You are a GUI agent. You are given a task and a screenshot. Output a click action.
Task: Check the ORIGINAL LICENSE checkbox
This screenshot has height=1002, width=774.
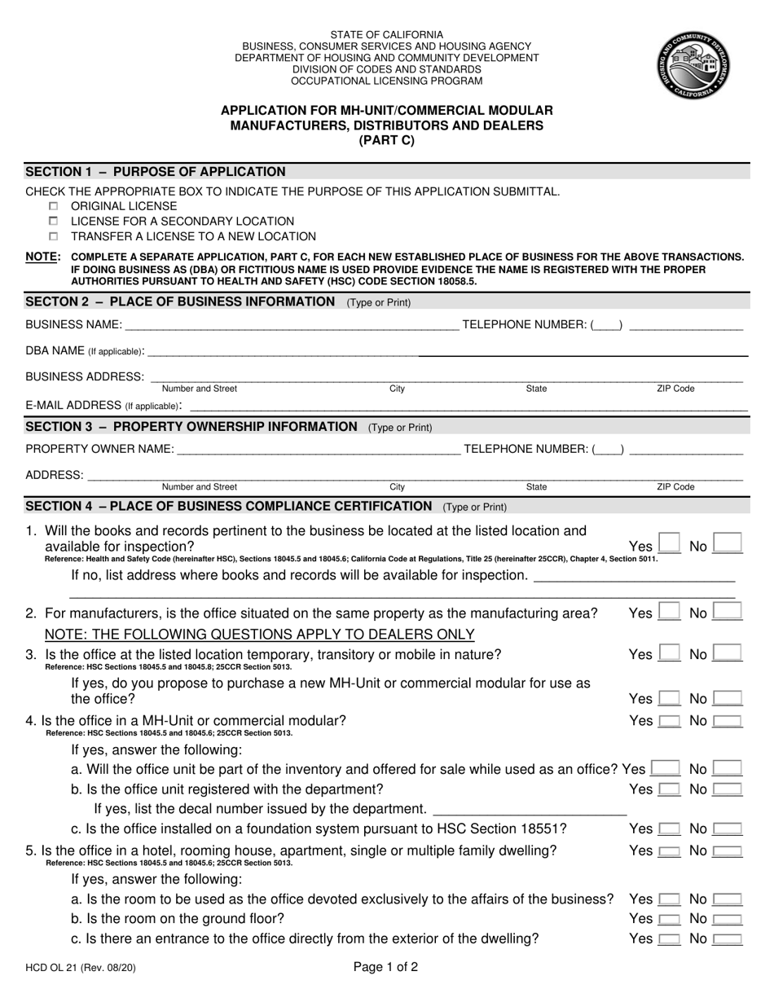click(x=54, y=206)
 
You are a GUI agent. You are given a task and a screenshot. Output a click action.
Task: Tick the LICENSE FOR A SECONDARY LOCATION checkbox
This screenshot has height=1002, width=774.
click(x=54, y=222)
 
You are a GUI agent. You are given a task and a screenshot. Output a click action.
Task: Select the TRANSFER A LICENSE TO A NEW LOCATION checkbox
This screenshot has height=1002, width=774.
click(x=54, y=237)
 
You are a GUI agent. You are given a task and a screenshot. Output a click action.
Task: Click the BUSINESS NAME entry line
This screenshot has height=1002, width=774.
click(x=291, y=326)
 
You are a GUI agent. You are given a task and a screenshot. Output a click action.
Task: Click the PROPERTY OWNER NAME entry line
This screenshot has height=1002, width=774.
click(x=318, y=450)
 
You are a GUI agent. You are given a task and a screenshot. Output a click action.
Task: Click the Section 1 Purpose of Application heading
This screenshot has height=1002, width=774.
click(x=156, y=172)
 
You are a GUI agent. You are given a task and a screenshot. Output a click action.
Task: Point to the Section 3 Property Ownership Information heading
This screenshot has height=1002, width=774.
click(x=191, y=427)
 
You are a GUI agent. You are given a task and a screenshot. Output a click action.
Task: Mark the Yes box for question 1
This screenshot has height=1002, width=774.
click(x=669, y=543)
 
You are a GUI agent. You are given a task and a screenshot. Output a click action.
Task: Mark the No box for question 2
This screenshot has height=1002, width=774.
click(x=727, y=611)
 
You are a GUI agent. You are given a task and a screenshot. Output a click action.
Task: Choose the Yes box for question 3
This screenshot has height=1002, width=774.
click(x=669, y=653)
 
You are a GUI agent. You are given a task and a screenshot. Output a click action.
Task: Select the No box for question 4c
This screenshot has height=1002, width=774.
click(x=727, y=829)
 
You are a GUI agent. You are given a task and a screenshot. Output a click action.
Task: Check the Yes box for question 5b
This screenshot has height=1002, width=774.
click(x=669, y=919)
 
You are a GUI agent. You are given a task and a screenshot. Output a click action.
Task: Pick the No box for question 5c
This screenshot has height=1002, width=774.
click(x=727, y=939)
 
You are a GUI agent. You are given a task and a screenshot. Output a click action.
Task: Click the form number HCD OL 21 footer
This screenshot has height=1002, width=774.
click(x=74, y=969)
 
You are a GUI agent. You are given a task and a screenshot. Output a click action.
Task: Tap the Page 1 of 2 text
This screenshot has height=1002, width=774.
click(x=386, y=968)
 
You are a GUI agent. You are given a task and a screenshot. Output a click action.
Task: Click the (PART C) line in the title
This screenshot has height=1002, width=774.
click(x=386, y=140)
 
